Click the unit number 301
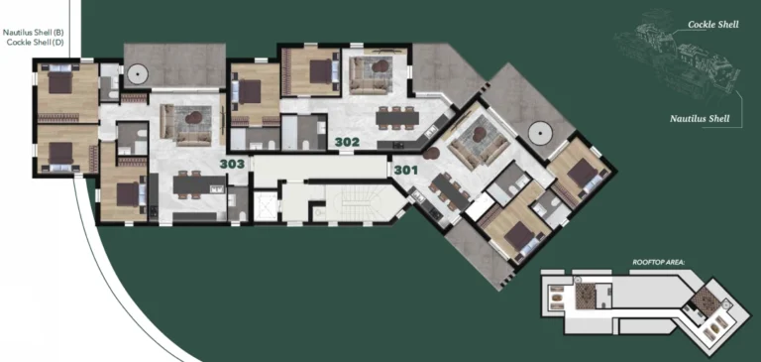tap(405, 170)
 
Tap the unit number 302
tap(347, 142)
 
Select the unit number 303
tap(232, 164)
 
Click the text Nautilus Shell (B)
tap(32, 33)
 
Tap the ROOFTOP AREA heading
tap(659, 262)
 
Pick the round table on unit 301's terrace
tap(539, 130)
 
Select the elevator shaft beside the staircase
tap(267, 206)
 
